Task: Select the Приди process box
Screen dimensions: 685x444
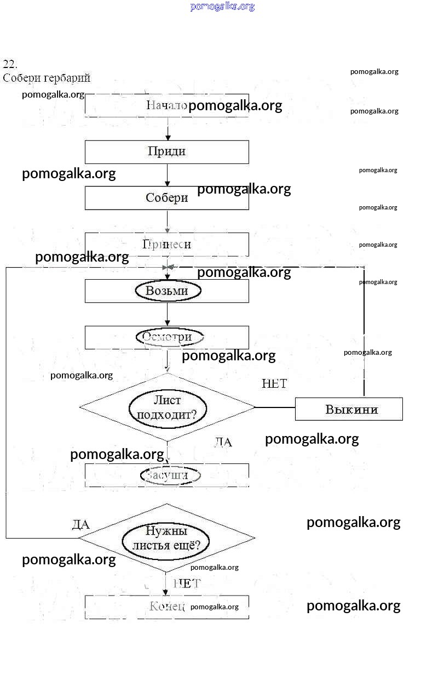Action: tap(166, 152)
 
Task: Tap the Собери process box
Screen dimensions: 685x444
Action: tap(166, 198)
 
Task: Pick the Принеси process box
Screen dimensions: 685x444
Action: tap(166, 245)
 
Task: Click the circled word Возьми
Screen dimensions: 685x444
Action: tap(168, 291)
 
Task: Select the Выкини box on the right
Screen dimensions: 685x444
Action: tap(349, 409)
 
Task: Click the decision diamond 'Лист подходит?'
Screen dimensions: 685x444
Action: tap(167, 407)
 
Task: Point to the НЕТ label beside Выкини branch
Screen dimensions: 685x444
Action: tap(274, 384)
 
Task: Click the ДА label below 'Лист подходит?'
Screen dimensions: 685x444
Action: tap(223, 442)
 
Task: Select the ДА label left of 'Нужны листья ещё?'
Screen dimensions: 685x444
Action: tap(81, 525)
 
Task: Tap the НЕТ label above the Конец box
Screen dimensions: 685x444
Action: tap(187, 584)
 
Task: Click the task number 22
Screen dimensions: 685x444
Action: tap(10, 64)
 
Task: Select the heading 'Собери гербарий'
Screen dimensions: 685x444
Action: tap(47, 78)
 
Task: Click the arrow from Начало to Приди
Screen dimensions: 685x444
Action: tap(168, 129)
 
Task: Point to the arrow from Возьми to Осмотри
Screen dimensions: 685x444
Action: tap(168, 314)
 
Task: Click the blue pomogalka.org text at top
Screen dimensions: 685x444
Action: tap(222, 7)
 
